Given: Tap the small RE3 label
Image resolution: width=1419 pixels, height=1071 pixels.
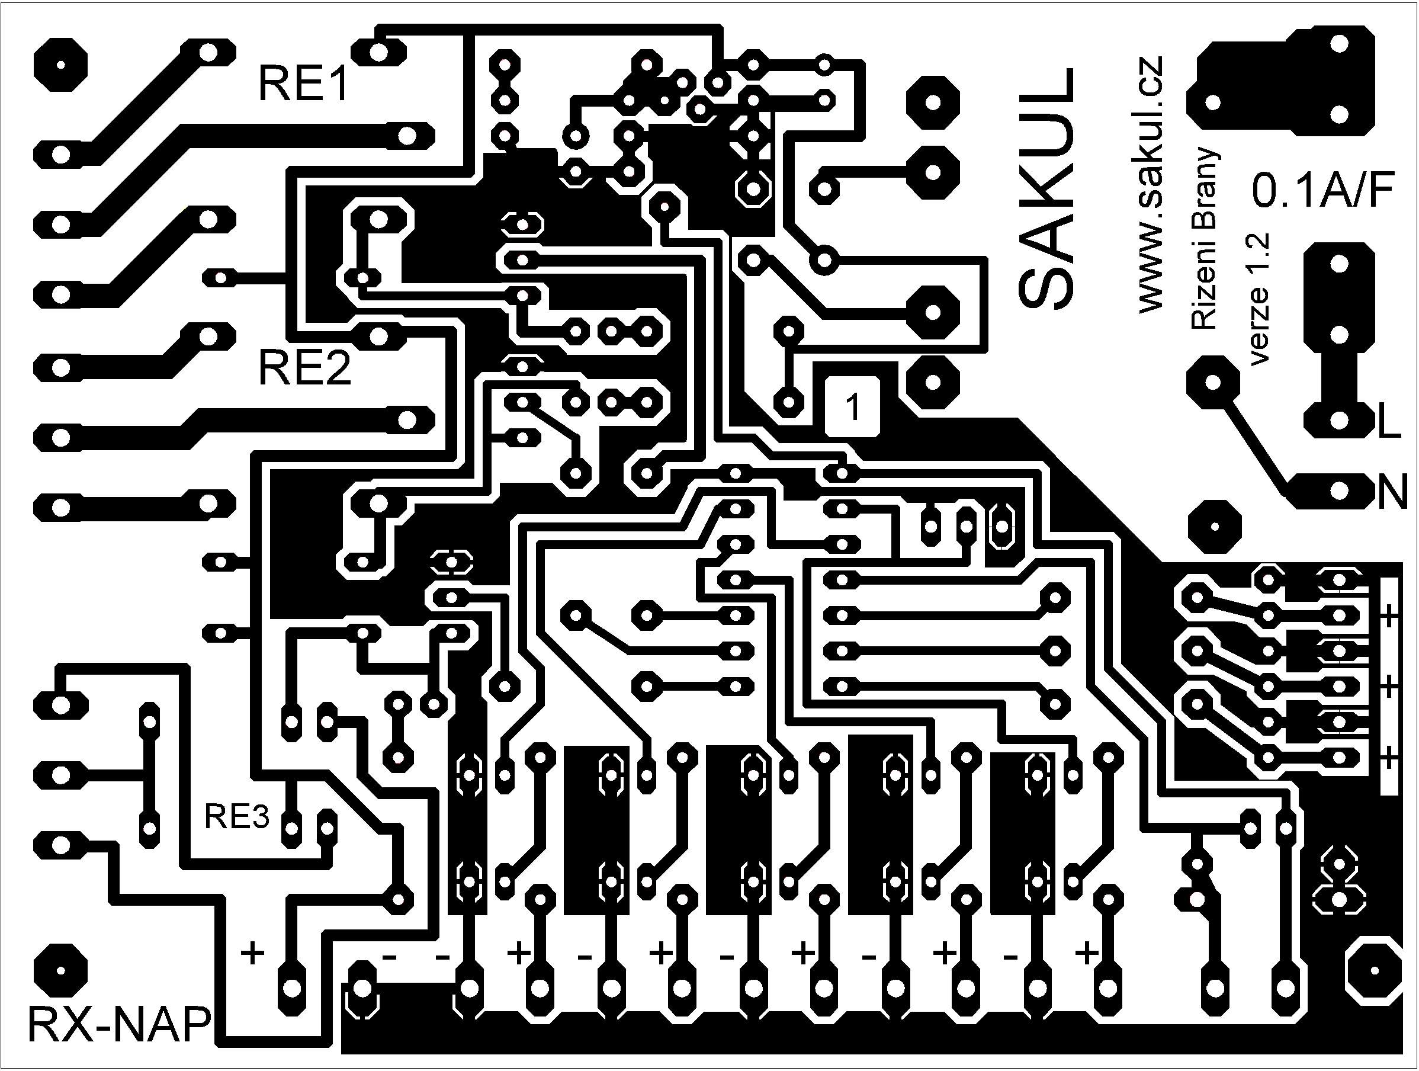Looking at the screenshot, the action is click(237, 817).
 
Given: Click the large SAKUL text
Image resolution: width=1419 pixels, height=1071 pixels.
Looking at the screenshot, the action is click(1046, 187).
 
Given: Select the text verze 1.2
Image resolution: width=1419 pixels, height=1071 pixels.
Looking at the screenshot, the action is click(1259, 299).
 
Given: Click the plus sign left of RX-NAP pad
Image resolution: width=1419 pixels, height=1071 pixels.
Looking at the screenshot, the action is click(253, 953).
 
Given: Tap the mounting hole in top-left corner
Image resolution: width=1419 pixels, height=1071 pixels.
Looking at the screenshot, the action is click(60, 65).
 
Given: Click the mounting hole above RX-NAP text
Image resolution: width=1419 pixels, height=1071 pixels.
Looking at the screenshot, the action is click(60, 970).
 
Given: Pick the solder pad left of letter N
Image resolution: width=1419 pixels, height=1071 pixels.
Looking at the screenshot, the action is click(1338, 492).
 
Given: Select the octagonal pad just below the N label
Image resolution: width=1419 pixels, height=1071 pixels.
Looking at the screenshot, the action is click(1213, 526).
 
